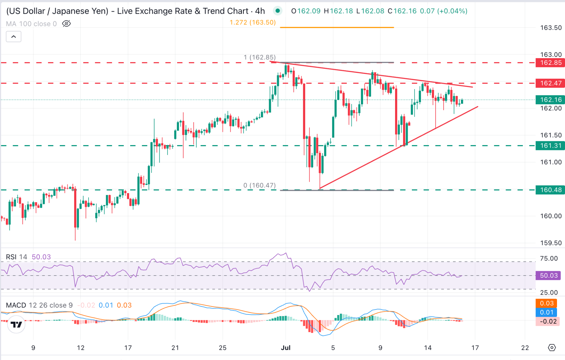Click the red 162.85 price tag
pyautogui.click(x=550, y=63)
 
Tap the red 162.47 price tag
pyautogui.click(x=550, y=83)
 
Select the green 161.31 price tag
pyautogui.click(x=550, y=145)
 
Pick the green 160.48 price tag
pyautogui.click(x=550, y=190)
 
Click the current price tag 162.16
pyautogui.click(x=550, y=100)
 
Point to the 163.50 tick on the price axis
pyautogui.click(x=551, y=28)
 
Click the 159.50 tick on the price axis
pyautogui.click(x=551, y=243)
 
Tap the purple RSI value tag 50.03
pyautogui.click(x=548, y=275)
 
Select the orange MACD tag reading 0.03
pyautogui.click(x=546, y=303)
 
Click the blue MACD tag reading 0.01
pyautogui.click(x=546, y=312)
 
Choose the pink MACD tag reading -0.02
pyautogui.click(x=548, y=321)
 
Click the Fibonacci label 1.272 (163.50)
pyautogui.click(x=253, y=22)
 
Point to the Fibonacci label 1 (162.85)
pyautogui.click(x=259, y=57)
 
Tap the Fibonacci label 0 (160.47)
pyautogui.click(x=259, y=185)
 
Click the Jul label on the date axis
pyautogui.click(x=286, y=348)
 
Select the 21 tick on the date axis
pyautogui.click(x=175, y=348)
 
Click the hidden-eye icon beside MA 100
pyautogui.click(x=66, y=24)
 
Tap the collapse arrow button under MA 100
pyautogui.click(x=14, y=36)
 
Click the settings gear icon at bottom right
pyautogui.click(x=551, y=348)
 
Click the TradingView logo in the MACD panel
pyautogui.click(x=16, y=324)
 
